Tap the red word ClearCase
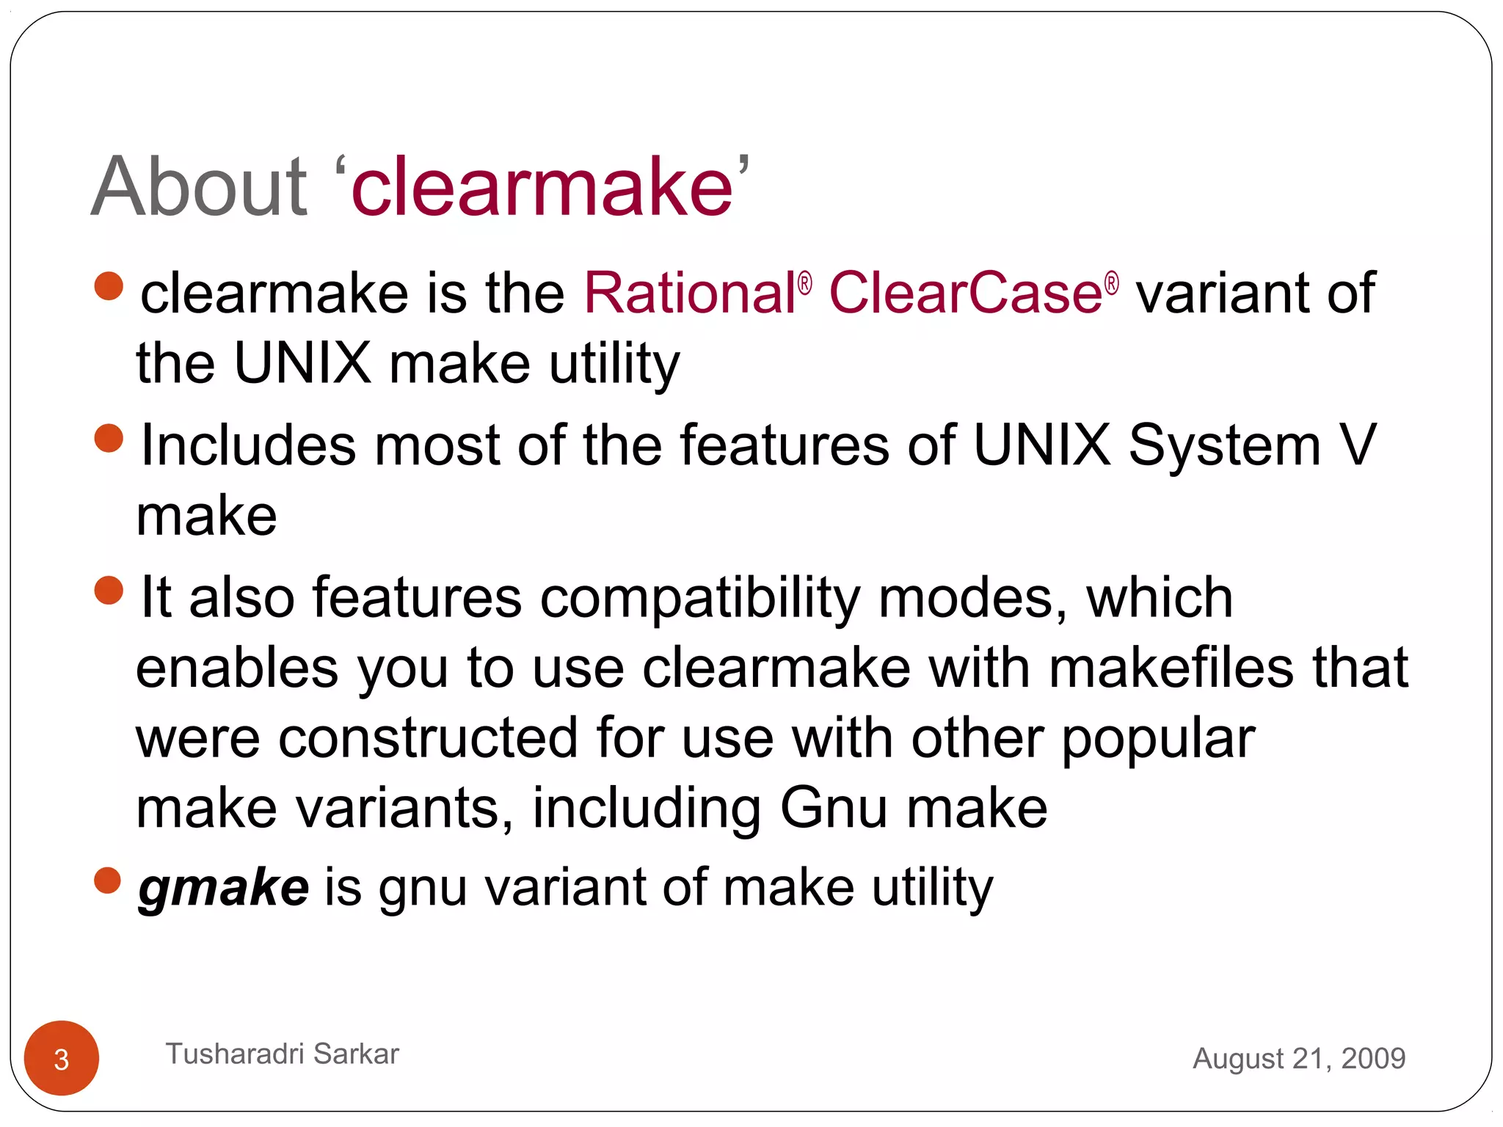pyautogui.click(x=965, y=293)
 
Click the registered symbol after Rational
pyautogui.click(x=805, y=284)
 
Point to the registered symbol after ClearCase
pyautogui.click(x=1112, y=284)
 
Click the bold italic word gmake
pyautogui.click(x=224, y=888)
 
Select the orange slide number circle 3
pyautogui.click(x=62, y=1058)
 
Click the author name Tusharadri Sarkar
pyautogui.click(x=283, y=1054)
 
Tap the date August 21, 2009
pyautogui.click(x=1299, y=1058)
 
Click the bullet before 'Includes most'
pyautogui.click(x=109, y=438)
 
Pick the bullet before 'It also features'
pyautogui.click(x=109, y=590)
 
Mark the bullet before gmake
pyautogui.click(x=108, y=880)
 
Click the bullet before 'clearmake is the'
pyautogui.click(x=109, y=286)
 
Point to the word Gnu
pyautogui.click(x=834, y=809)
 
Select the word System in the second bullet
pyautogui.click(x=1224, y=446)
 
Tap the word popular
pyautogui.click(x=1158, y=740)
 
